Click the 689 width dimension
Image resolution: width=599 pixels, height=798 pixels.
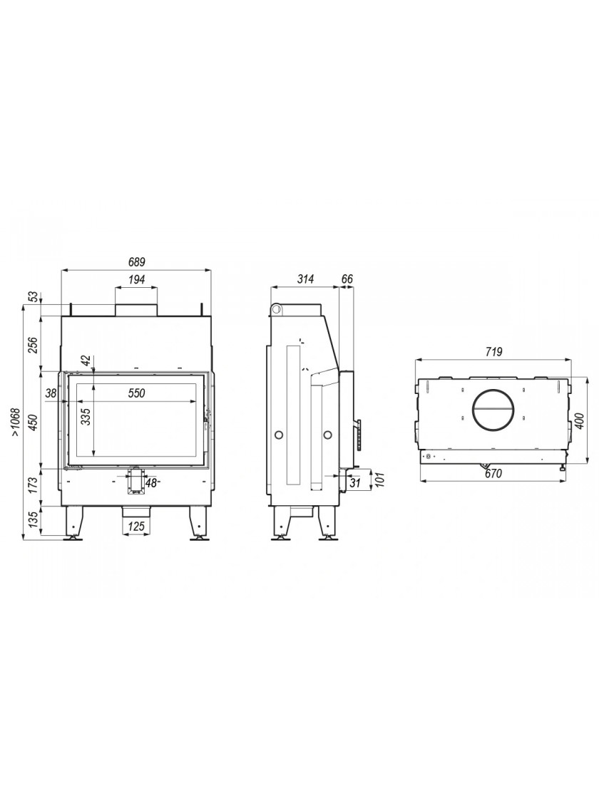[137, 263]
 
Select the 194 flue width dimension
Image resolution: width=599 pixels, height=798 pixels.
[137, 279]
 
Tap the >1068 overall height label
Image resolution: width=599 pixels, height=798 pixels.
[16, 422]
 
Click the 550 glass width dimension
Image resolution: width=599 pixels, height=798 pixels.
[136, 393]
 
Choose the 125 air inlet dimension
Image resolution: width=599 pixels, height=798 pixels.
[136, 527]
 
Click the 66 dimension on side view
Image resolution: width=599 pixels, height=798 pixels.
[347, 279]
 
